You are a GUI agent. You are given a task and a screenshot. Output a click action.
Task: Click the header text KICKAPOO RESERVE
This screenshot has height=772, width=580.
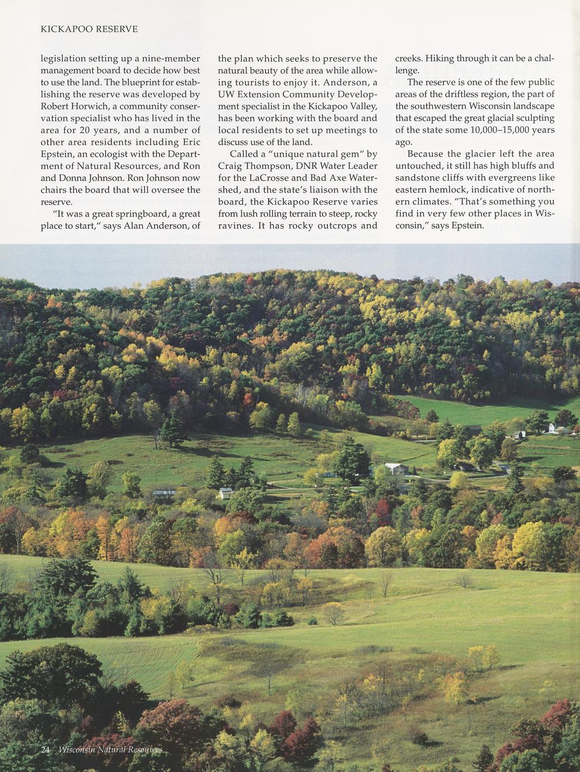click(x=89, y=29)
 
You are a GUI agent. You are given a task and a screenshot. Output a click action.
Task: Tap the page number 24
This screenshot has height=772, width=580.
click(x=46, y=750)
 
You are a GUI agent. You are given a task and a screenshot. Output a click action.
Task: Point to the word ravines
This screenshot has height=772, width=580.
click(x=235, y=225)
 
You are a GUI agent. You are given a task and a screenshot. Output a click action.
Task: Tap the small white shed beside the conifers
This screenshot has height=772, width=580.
click(x=226, y=493)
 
